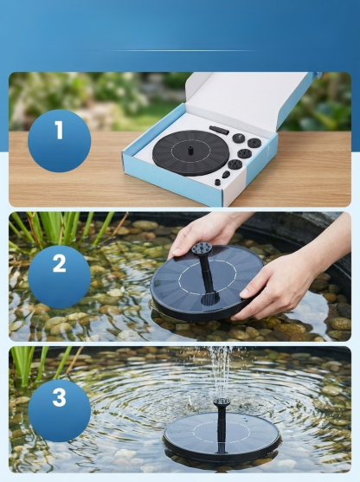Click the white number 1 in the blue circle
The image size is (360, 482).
click(58, 130)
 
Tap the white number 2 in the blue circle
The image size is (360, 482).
click(60, 263)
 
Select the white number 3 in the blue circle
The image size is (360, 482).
click(60, 397)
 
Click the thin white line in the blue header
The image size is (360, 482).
click(180, 50)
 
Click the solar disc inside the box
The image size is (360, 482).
click(190, 153)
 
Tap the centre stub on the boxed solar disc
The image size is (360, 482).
click(190, 151)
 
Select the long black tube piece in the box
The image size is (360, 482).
click(219, 130)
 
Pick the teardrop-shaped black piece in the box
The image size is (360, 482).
click(226, 175)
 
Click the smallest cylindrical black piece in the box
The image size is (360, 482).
click(218, 182)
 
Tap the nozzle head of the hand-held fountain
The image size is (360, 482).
click(202, 248)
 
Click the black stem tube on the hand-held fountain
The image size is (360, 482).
click(207, 273)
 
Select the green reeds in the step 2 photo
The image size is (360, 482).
click(61, 229)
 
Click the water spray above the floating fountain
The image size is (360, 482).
click(220, 372)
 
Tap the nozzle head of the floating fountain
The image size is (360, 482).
click(221, 402)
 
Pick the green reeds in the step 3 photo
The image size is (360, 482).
click(37, 364)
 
